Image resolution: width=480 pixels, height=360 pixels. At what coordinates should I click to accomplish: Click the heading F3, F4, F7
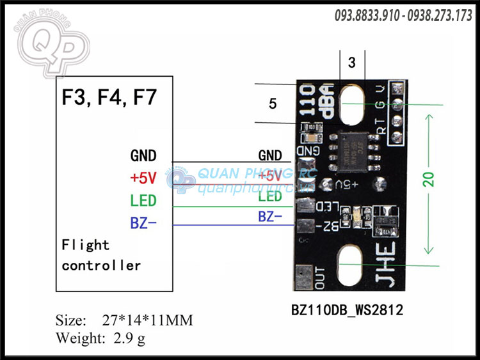(109, 98)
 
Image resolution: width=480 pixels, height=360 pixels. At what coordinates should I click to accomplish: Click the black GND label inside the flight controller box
(143, 155)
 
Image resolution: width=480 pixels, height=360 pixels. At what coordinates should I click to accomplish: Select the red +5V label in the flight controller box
(143, 178)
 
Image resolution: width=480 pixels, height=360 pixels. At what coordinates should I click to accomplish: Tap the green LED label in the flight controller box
(143, 201)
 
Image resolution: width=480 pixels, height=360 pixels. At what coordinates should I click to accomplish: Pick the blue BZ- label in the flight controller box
(143, 223)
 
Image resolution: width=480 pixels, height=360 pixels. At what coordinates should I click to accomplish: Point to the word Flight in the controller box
(86, 245)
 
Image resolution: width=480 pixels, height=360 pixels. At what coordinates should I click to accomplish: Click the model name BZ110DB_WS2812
(347, 310)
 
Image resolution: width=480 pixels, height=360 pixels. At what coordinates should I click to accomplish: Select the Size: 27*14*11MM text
(124, 320)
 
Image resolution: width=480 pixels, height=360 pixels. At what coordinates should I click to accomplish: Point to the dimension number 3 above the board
(351, 63)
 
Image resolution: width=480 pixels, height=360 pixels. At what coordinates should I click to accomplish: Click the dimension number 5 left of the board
(273, 104)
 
